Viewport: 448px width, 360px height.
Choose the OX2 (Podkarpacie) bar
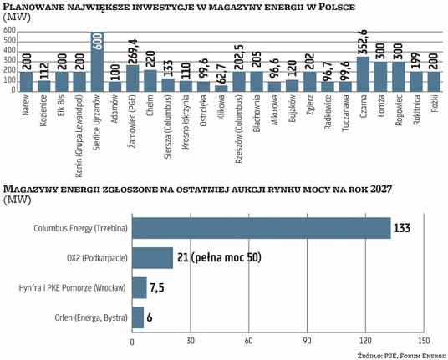click(152, 258)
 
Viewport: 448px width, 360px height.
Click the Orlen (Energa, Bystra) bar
click(138, 318)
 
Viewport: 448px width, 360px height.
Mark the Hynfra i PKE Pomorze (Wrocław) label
click(73, 288)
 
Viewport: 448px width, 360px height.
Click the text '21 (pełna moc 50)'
click(220, 258)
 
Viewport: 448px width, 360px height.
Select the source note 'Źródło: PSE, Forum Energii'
click(399, 354)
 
